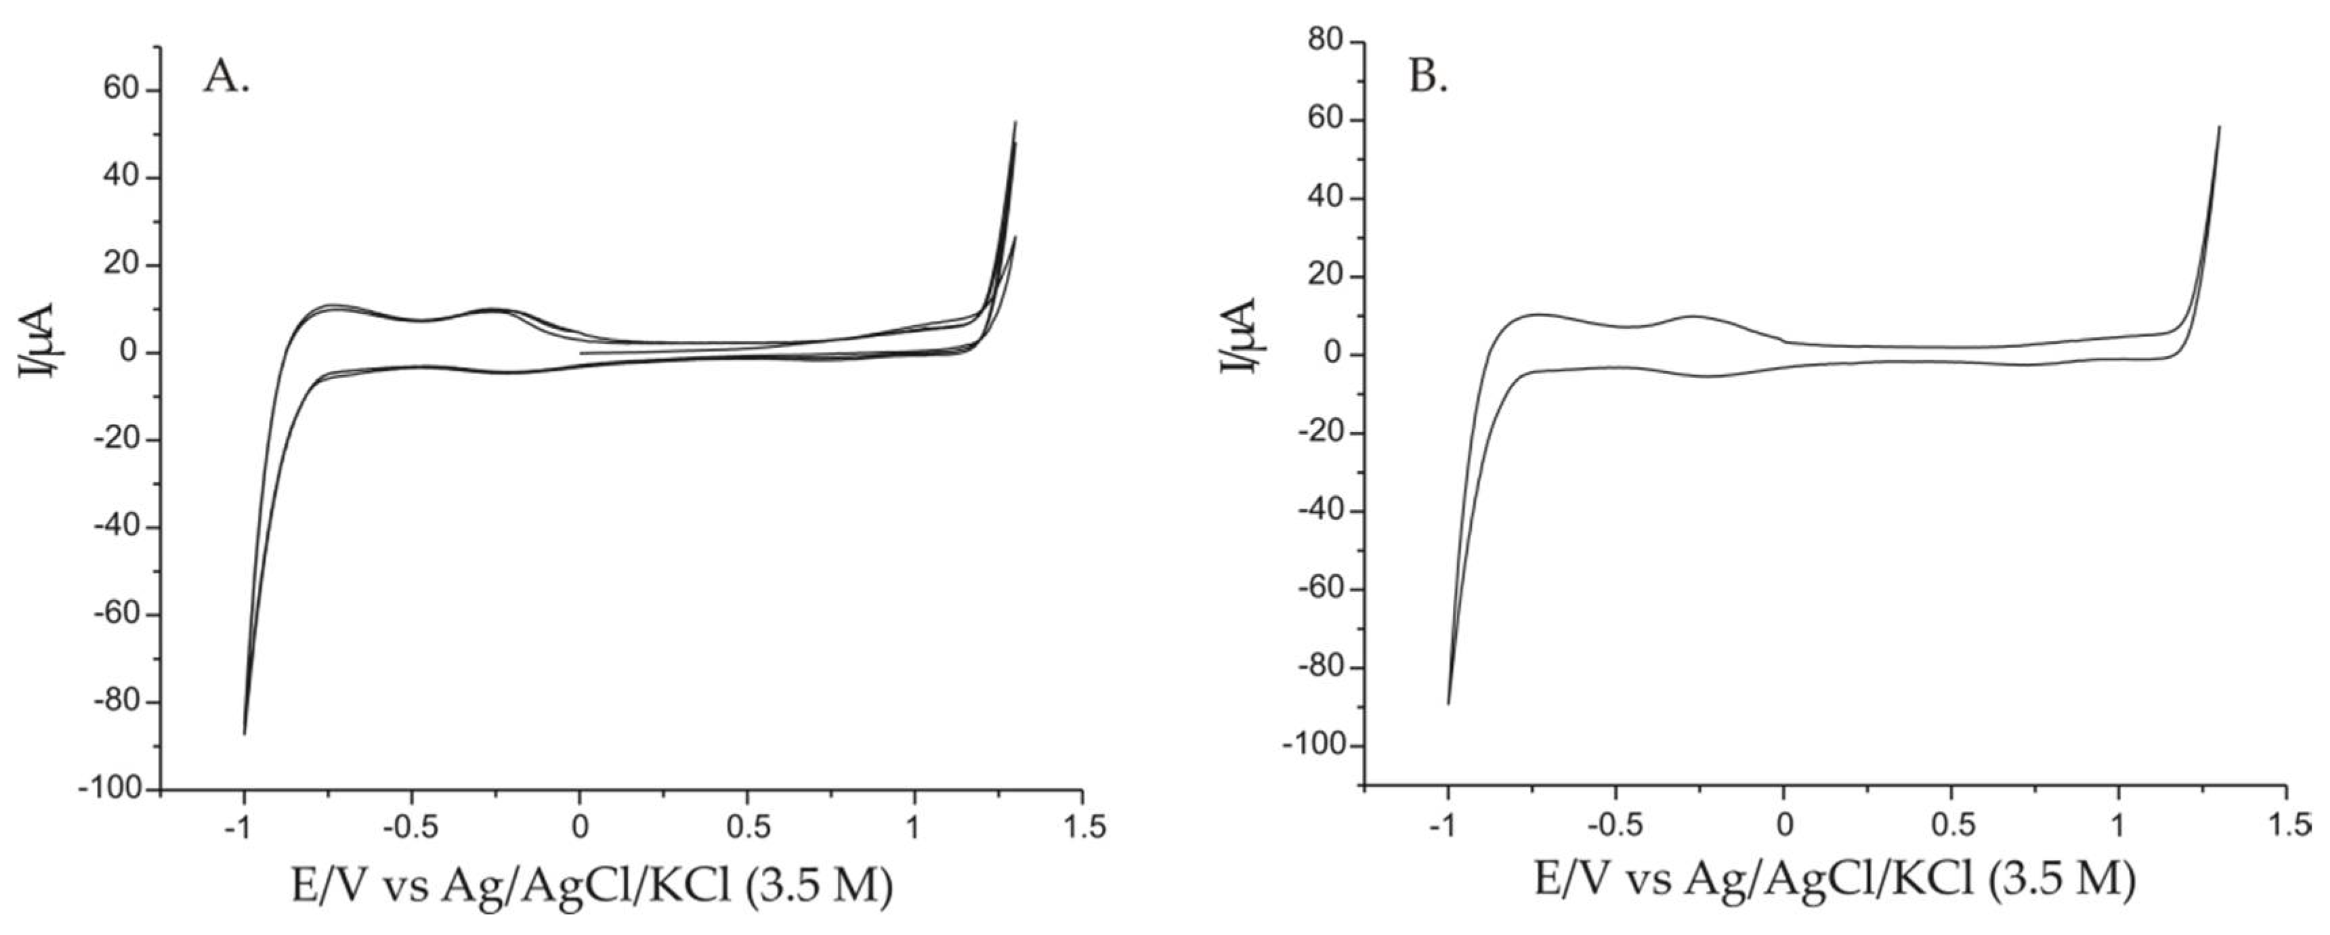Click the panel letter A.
pyautogui.click(x=226, y=78)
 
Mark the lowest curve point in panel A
pyautogui.click(x=245, y=733)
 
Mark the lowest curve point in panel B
pyautogui.click(x=1448, y=703)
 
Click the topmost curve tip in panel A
pyautogui.click(x=1015, y=121)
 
